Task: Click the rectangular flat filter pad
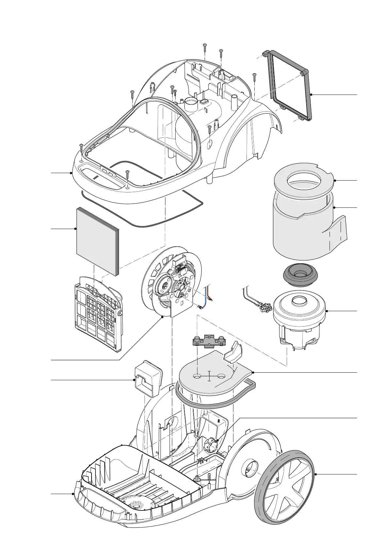coord(97,240)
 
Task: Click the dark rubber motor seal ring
coord(300,275)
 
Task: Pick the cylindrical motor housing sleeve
coord(302,229)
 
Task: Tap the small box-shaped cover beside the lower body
coord(148,378)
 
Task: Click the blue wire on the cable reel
coord(205,296)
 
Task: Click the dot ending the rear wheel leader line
coord(315,474)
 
